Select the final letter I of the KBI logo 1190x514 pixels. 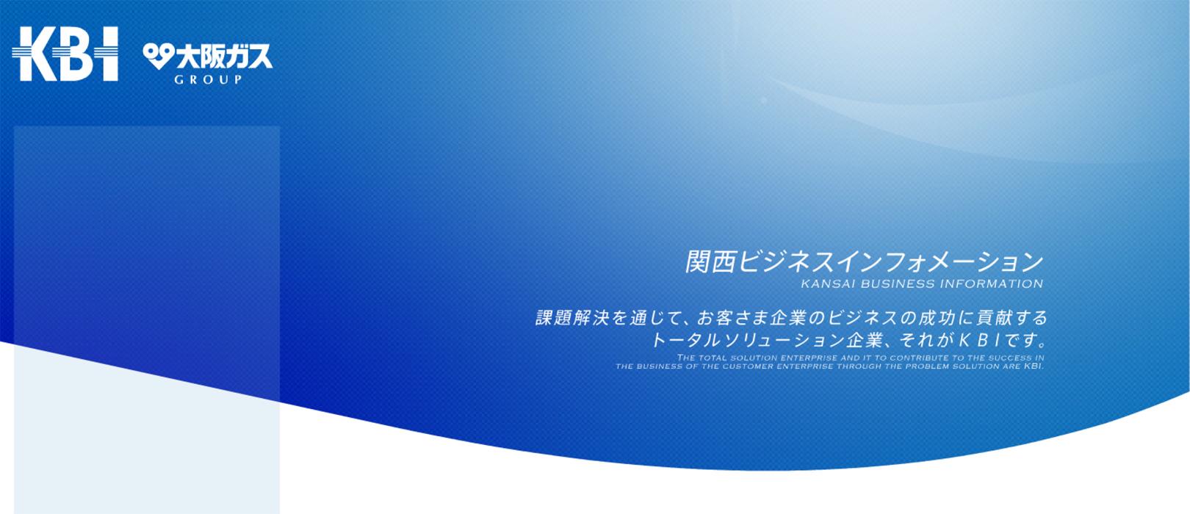click(x=108, y=54)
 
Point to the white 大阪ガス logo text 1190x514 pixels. click(x=224, y=57)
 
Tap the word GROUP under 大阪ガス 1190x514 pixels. click(x=209, y=79)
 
